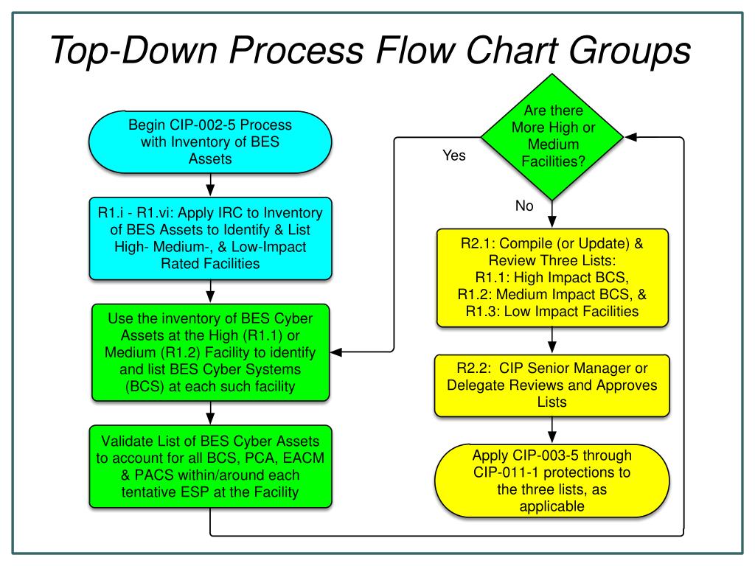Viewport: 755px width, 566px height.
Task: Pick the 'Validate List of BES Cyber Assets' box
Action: (211, 467)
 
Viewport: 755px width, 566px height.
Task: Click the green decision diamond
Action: (552, 137)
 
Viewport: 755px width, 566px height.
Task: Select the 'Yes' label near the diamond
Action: (453, 156)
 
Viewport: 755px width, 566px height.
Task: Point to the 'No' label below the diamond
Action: (524, 206)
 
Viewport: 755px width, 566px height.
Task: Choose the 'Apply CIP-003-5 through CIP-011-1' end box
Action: (552, 481)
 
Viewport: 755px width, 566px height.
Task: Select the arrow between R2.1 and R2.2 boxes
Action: (552, 340)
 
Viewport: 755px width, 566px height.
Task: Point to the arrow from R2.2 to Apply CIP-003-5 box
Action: (552, 430)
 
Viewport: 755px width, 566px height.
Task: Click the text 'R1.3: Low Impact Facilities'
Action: (552, 312)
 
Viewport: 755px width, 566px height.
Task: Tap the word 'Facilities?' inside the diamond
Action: (552, 159)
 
